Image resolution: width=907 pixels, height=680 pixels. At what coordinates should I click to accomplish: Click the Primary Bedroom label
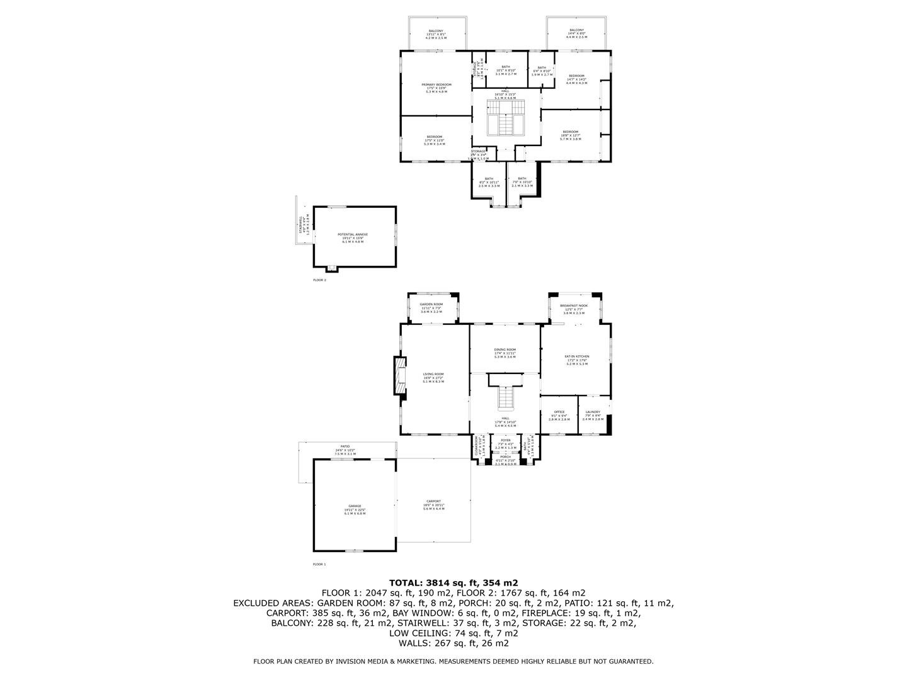(436, 84)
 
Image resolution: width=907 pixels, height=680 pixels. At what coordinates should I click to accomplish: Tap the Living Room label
(433, 374)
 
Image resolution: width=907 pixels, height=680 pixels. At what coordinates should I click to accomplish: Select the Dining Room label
(505, 350)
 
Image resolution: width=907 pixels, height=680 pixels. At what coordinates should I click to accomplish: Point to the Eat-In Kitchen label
(577, 356)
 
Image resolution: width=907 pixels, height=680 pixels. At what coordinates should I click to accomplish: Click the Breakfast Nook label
(574, 305)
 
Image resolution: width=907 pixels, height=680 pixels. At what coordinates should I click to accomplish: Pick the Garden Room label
(432, 305)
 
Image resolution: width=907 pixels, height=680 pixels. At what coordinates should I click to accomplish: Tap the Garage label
(355, 506)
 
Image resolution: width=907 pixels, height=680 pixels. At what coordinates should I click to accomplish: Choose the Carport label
(433, 501)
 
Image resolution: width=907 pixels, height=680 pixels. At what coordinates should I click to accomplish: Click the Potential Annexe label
(353, 234)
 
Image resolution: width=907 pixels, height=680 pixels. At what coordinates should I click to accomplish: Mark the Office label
(559, 412)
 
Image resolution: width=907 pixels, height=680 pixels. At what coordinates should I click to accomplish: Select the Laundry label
(593, 412)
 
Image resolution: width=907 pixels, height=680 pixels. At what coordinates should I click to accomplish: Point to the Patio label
(345, 446)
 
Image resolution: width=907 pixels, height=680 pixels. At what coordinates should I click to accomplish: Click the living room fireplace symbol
(399, 377)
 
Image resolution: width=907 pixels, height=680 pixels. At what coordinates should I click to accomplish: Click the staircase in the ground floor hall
(506, 397)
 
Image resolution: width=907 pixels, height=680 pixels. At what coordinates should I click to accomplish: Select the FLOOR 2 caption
(320, 280)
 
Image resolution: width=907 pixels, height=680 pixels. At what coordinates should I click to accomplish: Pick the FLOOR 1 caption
(320, 564)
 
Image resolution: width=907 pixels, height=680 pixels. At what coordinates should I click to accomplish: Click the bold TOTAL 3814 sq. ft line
(453, 583)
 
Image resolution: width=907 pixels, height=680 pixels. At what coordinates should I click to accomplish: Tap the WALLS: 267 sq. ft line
(453, 643)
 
